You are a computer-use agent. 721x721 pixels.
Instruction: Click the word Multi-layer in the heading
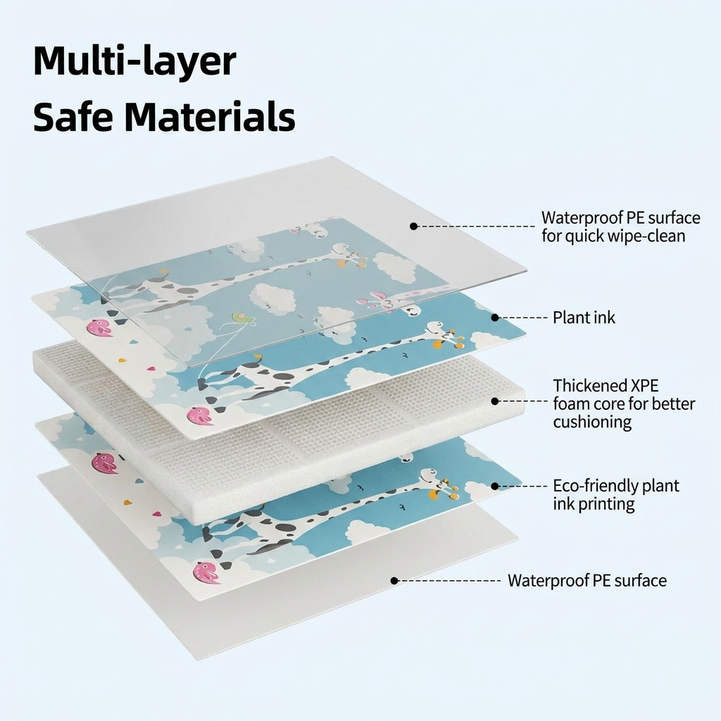point(134,62)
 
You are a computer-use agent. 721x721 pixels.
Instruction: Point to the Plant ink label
point(584,318)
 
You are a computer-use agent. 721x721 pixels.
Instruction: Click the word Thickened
point(586,385)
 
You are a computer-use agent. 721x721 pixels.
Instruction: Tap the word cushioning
point(592,422)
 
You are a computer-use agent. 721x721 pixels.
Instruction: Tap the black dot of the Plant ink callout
point(495,318)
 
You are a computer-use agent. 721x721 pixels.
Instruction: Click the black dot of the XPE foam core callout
point(495,401)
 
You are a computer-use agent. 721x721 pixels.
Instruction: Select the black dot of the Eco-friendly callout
point(495,486)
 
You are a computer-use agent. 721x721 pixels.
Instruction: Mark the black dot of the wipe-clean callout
point(413,226)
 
